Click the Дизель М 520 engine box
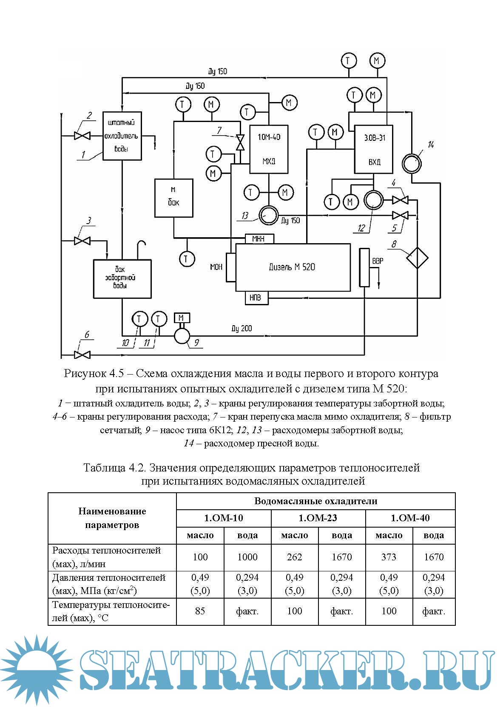293,267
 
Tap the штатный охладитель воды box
122,136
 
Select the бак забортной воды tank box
122,278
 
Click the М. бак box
173,198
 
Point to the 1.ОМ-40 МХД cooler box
269,149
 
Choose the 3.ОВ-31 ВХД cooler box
374,149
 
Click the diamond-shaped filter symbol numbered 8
417,258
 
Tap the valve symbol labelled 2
82,136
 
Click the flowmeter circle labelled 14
411,163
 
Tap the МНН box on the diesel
259,239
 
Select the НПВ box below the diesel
257,298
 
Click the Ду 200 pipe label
242,328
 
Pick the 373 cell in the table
389,557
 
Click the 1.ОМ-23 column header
318,518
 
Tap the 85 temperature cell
200,611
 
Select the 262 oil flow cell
294,557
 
